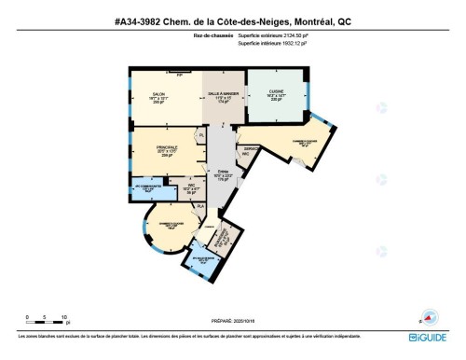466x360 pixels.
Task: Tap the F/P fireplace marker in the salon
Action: [193, 75]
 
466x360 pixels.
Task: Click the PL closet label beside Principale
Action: [200, 135]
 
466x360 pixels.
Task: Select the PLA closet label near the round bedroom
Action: [199, 205]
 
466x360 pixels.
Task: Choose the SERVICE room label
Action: [251, 148]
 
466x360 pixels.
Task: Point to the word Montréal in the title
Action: [304, 20]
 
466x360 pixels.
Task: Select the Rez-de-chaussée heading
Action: [213, 37]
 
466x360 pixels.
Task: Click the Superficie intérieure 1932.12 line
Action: [278, 44]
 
